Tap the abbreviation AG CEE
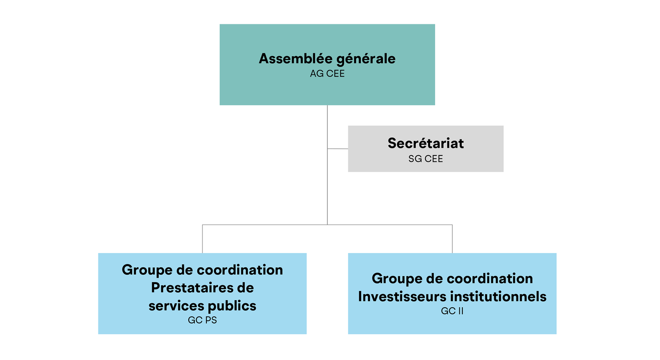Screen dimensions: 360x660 [327, 74]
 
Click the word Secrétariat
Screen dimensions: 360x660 [425, 143]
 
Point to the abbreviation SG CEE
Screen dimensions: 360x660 [425, 159]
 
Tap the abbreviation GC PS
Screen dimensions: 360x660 [202, 320]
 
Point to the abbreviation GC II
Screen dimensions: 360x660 [452, 311]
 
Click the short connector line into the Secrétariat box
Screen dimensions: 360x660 [338, 149]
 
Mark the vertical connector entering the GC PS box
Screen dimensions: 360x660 [202, 239]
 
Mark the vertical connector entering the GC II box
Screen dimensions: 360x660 [452, 239]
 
